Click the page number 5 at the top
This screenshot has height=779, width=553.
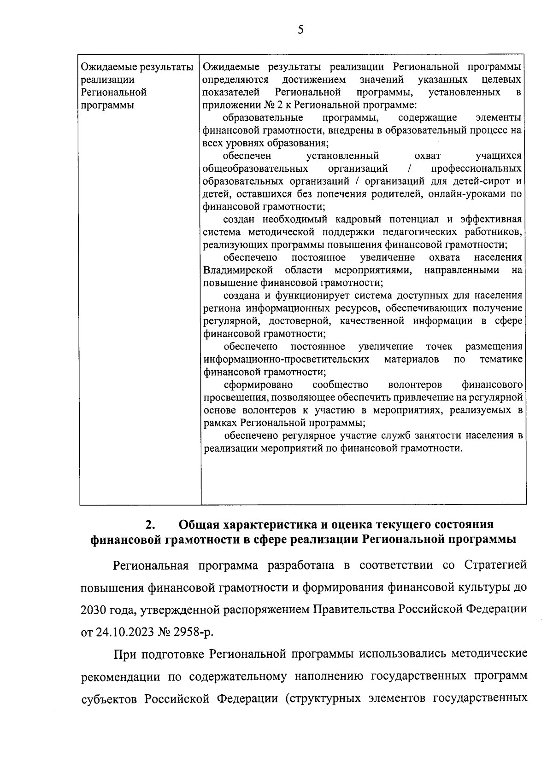[x=300, y=30]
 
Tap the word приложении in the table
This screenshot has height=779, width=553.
[x=226, y=105]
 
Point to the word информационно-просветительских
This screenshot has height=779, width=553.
[x=286, y=359]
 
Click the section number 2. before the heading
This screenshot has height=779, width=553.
[x=149, y=524]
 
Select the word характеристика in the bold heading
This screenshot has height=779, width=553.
[x=270, y=524]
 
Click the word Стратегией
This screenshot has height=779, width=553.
[x=495, y=565]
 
